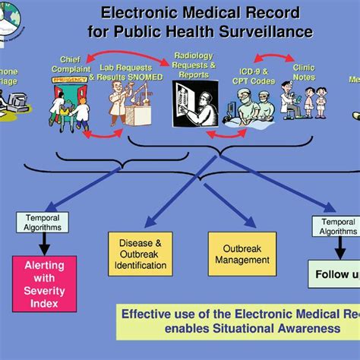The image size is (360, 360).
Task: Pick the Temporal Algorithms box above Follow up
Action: click(x=335, y=226)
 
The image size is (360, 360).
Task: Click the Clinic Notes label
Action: click(x=305, y=72)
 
